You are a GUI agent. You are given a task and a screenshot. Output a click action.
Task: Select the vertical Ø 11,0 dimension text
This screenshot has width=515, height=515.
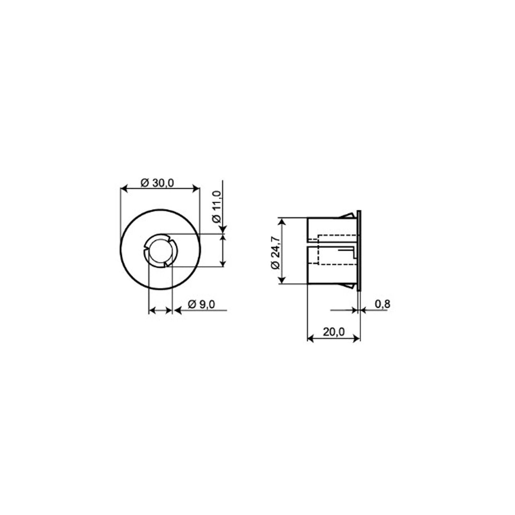pos(216,206)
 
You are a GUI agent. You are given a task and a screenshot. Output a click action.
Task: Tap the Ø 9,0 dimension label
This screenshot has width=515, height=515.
pos(201,304)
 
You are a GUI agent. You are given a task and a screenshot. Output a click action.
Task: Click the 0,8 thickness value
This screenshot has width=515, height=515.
pos(382,304)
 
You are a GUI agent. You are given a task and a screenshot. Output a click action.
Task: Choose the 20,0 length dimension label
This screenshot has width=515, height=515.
pos(333,332)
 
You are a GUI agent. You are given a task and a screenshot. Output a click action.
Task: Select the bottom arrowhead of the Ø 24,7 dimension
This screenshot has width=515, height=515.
pos(282,280)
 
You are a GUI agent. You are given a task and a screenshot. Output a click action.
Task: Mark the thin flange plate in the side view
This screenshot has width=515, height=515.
pos(360,249)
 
